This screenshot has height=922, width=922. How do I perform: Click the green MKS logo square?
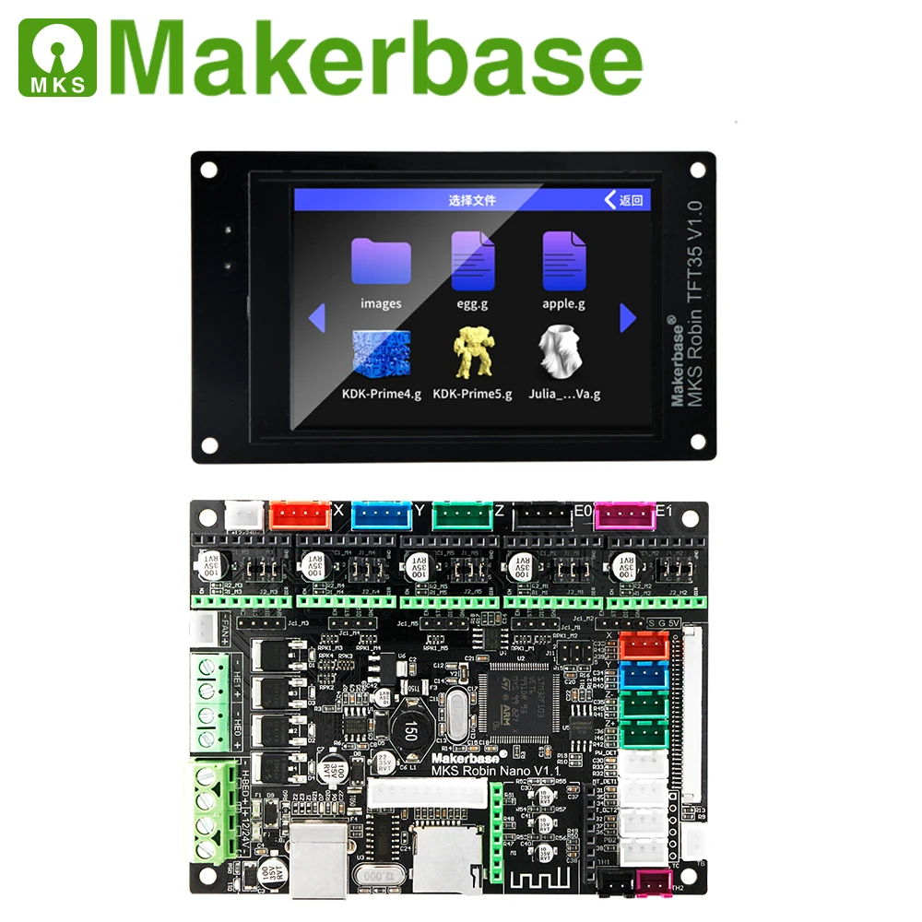tap(56, 58)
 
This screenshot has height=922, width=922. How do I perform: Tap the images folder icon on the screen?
tap(381, 262)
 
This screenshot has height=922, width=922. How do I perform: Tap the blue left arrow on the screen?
tap(317, 319)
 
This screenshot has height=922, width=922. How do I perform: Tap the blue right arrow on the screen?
tap(628, 318)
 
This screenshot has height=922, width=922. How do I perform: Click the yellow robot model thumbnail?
tap(472, 355)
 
